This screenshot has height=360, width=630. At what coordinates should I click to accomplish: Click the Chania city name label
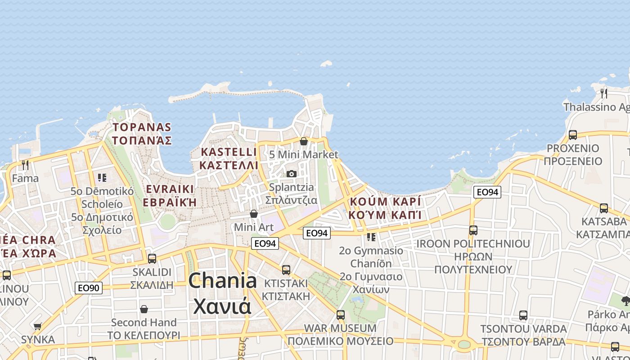[x=222, y=293]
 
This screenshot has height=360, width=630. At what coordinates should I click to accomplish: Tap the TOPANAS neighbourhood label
[x=142, y=134]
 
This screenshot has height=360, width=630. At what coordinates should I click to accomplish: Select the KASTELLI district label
[x=229, y=158]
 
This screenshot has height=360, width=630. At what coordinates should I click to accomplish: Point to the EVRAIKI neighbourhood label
[x=169, y=195]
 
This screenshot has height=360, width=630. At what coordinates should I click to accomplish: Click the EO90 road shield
[x=89, y=288]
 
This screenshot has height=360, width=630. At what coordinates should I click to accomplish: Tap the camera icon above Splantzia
[x=292, y=174]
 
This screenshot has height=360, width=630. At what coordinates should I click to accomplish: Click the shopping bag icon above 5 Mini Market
[x=304, y=141]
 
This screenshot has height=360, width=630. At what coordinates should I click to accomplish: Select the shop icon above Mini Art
[x=254, y=214]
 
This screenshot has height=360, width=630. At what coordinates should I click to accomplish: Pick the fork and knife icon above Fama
[x=25, y=165]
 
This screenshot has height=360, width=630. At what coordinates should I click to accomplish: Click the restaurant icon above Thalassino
[x=604, y=94]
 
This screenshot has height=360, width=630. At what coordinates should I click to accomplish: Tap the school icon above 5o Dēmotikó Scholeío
[x=102, y=178]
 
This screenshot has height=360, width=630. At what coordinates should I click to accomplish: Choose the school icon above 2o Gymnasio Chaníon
[x=371, y=237]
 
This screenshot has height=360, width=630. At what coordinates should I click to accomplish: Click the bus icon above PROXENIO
[x=573, y=135]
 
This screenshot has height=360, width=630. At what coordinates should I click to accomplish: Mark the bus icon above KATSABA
[x=604, y=208]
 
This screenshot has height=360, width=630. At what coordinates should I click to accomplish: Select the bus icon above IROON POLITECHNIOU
[x=473, y=230]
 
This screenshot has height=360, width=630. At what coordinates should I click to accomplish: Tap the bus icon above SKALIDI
[x=152, y=259]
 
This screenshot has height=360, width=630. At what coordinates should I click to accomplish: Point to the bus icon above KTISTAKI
[x=286, y=270]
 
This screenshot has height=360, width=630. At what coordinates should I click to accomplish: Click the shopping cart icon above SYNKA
[x=37, y=326]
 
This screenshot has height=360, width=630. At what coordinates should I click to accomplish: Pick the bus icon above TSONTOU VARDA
[x=523, y=315]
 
